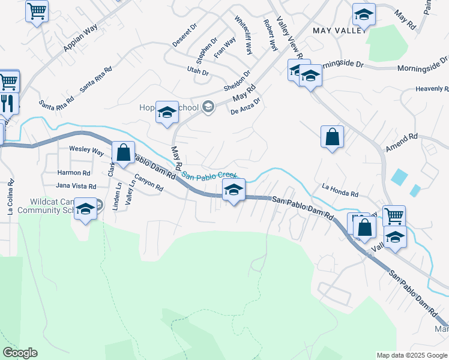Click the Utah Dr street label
[x=197, y=72]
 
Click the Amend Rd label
[x=402, y=143]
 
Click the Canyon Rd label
[x=149, y=183]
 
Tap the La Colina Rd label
[x=10, y=199]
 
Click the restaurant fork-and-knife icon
[x=8, y=103]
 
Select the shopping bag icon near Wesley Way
[x=123, y=152]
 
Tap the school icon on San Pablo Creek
[x=233, y=191]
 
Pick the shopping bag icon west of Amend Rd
[x=332, y=137]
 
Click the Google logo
[x=20, y=353]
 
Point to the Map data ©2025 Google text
[x=411, y=355]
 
